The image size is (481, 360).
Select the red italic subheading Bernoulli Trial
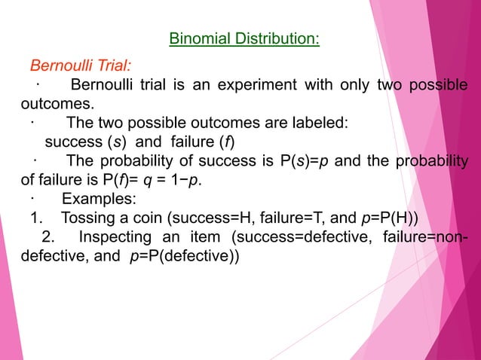coord(80,65)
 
